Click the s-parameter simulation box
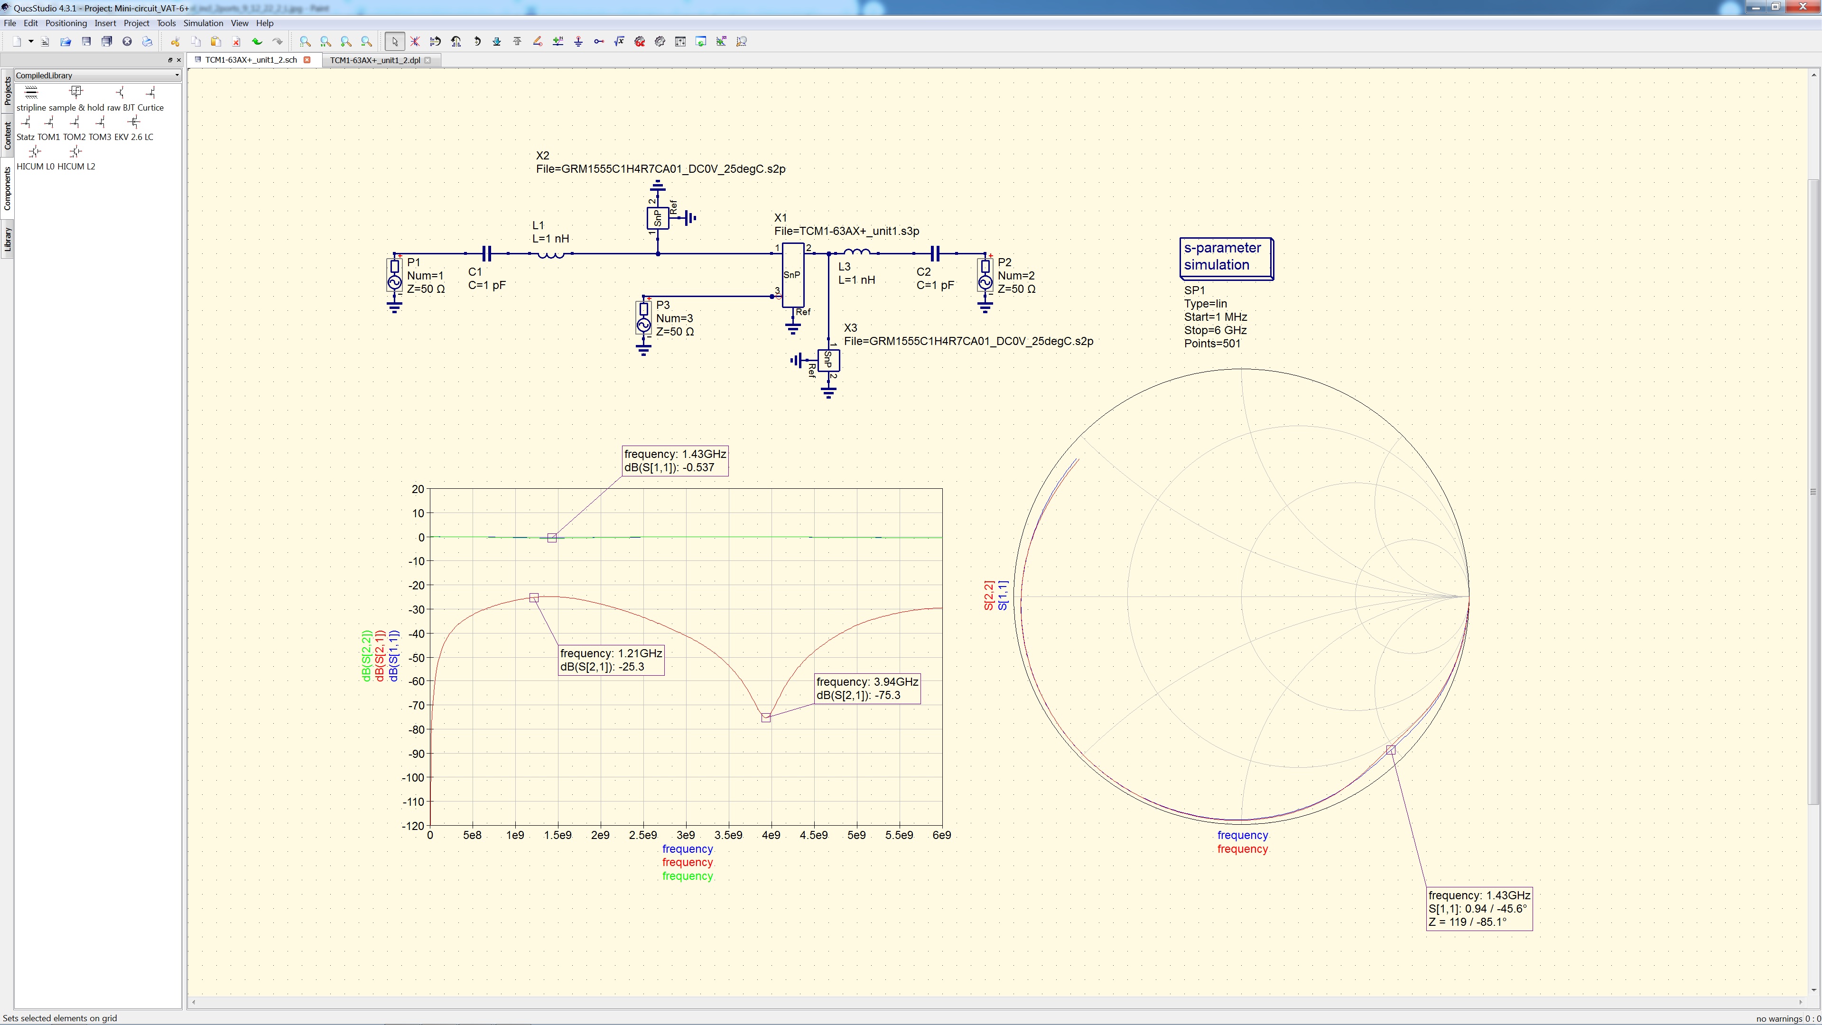pyautogui.click(x=1226, y=258)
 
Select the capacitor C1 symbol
pyautogui.click(x=487, y=253)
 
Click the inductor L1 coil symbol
pyautogui.click(x=551, y=254)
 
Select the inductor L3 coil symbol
pyautogui.click(x=857, y=252)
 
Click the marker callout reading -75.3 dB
pyautogui.click(x=867, y=688)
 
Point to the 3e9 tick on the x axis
pyautogui.click(x=685, y=835)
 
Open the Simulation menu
pyautogui.click(x=203, y=23)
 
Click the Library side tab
pyautogui.click(x=8, y=240)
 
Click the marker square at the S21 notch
pyautogui.click(x=766, y=718)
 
